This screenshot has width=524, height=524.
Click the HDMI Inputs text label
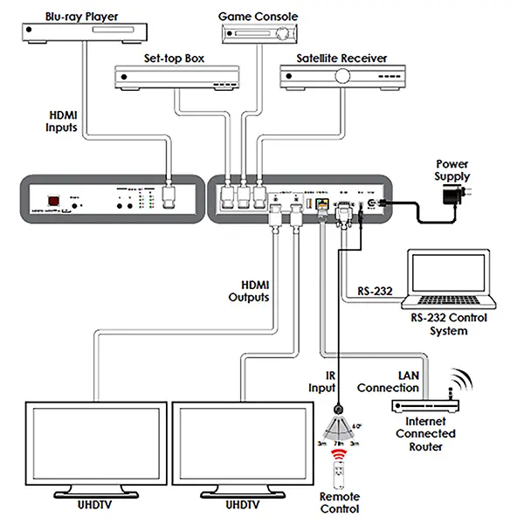62,121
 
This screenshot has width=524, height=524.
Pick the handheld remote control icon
339,483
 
